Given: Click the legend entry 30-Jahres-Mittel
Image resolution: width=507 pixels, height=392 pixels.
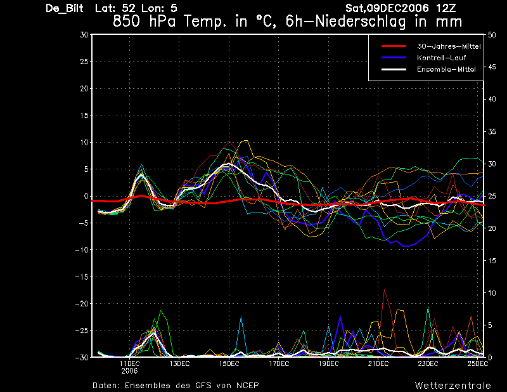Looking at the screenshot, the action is click(449, 46).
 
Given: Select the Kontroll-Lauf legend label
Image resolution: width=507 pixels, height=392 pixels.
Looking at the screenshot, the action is click(441, 58).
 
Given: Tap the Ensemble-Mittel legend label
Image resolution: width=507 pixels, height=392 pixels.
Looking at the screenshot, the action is click(446, 69).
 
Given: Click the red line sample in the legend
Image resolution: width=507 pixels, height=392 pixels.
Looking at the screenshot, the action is click(394, 46).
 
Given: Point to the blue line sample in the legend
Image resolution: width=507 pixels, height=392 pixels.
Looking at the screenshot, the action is click(394, 58).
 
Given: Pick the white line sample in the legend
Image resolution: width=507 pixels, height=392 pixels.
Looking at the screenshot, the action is click(394, 69).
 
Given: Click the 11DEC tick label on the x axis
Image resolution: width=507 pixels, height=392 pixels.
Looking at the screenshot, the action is click(130, 364).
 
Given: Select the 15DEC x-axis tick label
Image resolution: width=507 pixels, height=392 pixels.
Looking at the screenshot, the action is click(229, 364).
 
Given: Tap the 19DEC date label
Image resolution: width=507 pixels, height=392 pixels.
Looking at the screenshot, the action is click(328, 364).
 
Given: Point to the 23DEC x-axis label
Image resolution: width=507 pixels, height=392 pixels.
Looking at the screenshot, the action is click(428, 364).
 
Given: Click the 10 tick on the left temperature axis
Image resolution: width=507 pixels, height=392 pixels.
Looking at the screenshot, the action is click(84, 143).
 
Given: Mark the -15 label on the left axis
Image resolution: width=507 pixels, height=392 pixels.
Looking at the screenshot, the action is click(82, 277).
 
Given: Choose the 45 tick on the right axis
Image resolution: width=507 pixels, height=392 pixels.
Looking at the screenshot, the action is click(492, 67).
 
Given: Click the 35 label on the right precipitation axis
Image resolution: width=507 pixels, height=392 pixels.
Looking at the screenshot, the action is click(492, 132).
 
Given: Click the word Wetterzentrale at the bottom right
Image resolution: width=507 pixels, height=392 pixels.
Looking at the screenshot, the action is click(452, 386).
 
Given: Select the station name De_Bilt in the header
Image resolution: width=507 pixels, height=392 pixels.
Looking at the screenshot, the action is click(65, 8).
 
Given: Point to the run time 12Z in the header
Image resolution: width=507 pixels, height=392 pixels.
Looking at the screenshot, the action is click(446, 8).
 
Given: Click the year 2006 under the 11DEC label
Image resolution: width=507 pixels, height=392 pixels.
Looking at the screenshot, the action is click(130, 371).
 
